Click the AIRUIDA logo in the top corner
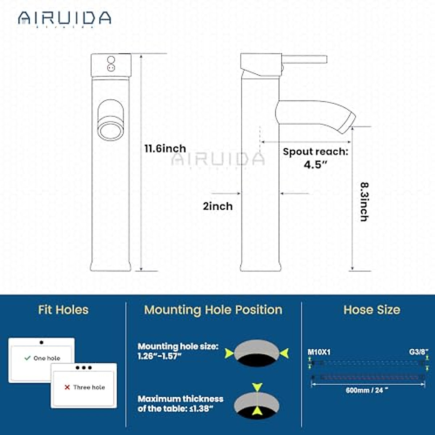[65, 18]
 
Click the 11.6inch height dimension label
[165, 149]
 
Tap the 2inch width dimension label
[217, 206]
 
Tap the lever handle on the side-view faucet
[304, 59]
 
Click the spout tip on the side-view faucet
[347, 123]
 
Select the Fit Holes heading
[63, 310]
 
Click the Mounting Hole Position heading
[213, 310]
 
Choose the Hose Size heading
[372, 310]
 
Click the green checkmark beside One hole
[27, 358]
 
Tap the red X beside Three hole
[67, 387]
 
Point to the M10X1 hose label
[319, 352]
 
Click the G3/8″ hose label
[419, 352]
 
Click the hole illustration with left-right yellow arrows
[257, 353]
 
